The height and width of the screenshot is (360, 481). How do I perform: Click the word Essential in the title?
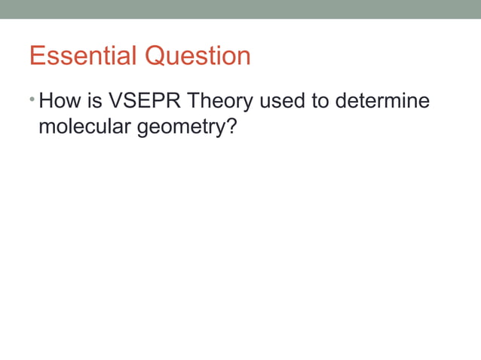(x=84, y=56)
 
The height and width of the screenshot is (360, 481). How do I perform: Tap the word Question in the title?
(x=198, y=56)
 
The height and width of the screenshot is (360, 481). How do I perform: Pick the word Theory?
(x=219, y=102)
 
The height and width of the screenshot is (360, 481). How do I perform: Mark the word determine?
(x=384, y=101)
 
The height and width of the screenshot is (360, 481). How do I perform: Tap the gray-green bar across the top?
(x=240, y=9)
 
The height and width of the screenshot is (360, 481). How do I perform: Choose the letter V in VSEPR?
(x=116, y=101)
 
